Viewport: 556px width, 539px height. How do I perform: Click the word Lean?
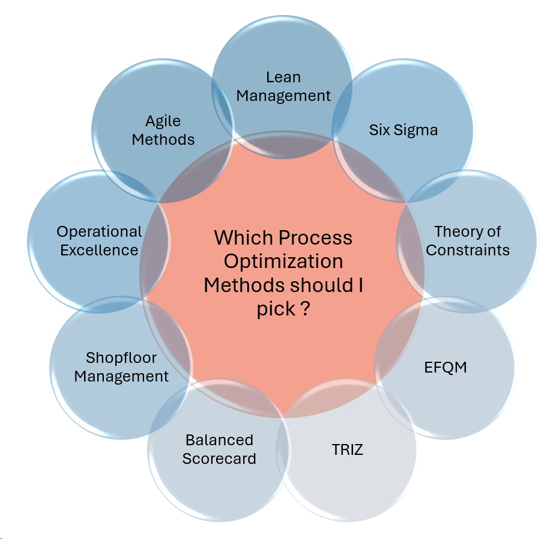[x=283, y=78]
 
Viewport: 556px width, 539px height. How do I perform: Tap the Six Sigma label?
[x=403, y=130]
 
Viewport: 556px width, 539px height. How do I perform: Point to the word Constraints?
[x=468, y=250]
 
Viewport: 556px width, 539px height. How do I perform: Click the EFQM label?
[x=445, y=367]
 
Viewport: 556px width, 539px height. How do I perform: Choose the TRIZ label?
[x=347, y=449]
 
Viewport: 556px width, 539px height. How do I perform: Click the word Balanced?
[x=219, y=440]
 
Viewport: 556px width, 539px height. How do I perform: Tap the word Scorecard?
[x=219, y=458]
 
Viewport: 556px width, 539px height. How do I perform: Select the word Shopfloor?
[x=121, y=358]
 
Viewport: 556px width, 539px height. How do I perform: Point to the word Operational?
[x=99, y=231]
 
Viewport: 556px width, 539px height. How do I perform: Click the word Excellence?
[x=99, y=250]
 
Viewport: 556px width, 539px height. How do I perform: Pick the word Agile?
[x=163, y=121]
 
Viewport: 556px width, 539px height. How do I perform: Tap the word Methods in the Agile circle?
[x=163, y=139]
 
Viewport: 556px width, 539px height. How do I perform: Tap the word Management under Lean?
[x=283, y=96]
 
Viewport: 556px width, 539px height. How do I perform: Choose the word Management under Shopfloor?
[x=121, y=376]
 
